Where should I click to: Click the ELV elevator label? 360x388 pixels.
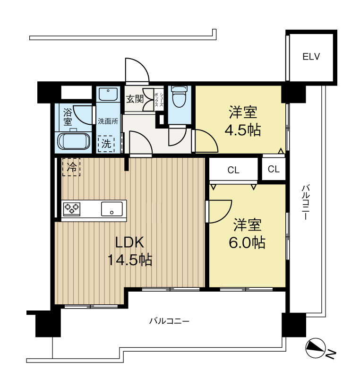click(x=311, y=57)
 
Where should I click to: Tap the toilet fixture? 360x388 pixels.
click(x=179, y=96)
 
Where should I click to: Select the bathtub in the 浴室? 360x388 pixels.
click(x=74, y=141)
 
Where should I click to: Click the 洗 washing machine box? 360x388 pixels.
click(x=106, y=144)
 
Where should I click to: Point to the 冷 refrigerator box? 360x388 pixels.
click(x=71, y=167)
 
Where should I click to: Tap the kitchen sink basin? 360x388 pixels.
click(x=111, y=208)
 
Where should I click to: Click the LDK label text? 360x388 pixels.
click(x=129, y=242)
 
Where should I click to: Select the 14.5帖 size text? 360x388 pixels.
click(x=130, y=259)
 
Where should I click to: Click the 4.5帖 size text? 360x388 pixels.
click(x=242, y=130)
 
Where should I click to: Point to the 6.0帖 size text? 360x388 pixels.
click(x=247, y=243)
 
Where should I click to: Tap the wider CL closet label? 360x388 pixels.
click(x=233, y=170)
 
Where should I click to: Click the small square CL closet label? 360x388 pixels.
click(x=274, y=169)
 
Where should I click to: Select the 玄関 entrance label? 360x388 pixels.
click(x=135, y=99)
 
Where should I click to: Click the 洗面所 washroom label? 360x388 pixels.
click(x=108, y=121)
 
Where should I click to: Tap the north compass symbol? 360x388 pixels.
click(x=316, y=348)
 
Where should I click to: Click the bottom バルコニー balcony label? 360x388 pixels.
click(x=169, y=321)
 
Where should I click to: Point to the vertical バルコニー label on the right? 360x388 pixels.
click(x=305, y=202)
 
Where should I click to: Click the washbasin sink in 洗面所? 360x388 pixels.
click(x=108, y=94)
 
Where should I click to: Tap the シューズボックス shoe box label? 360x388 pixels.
click(x=159, y=99)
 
